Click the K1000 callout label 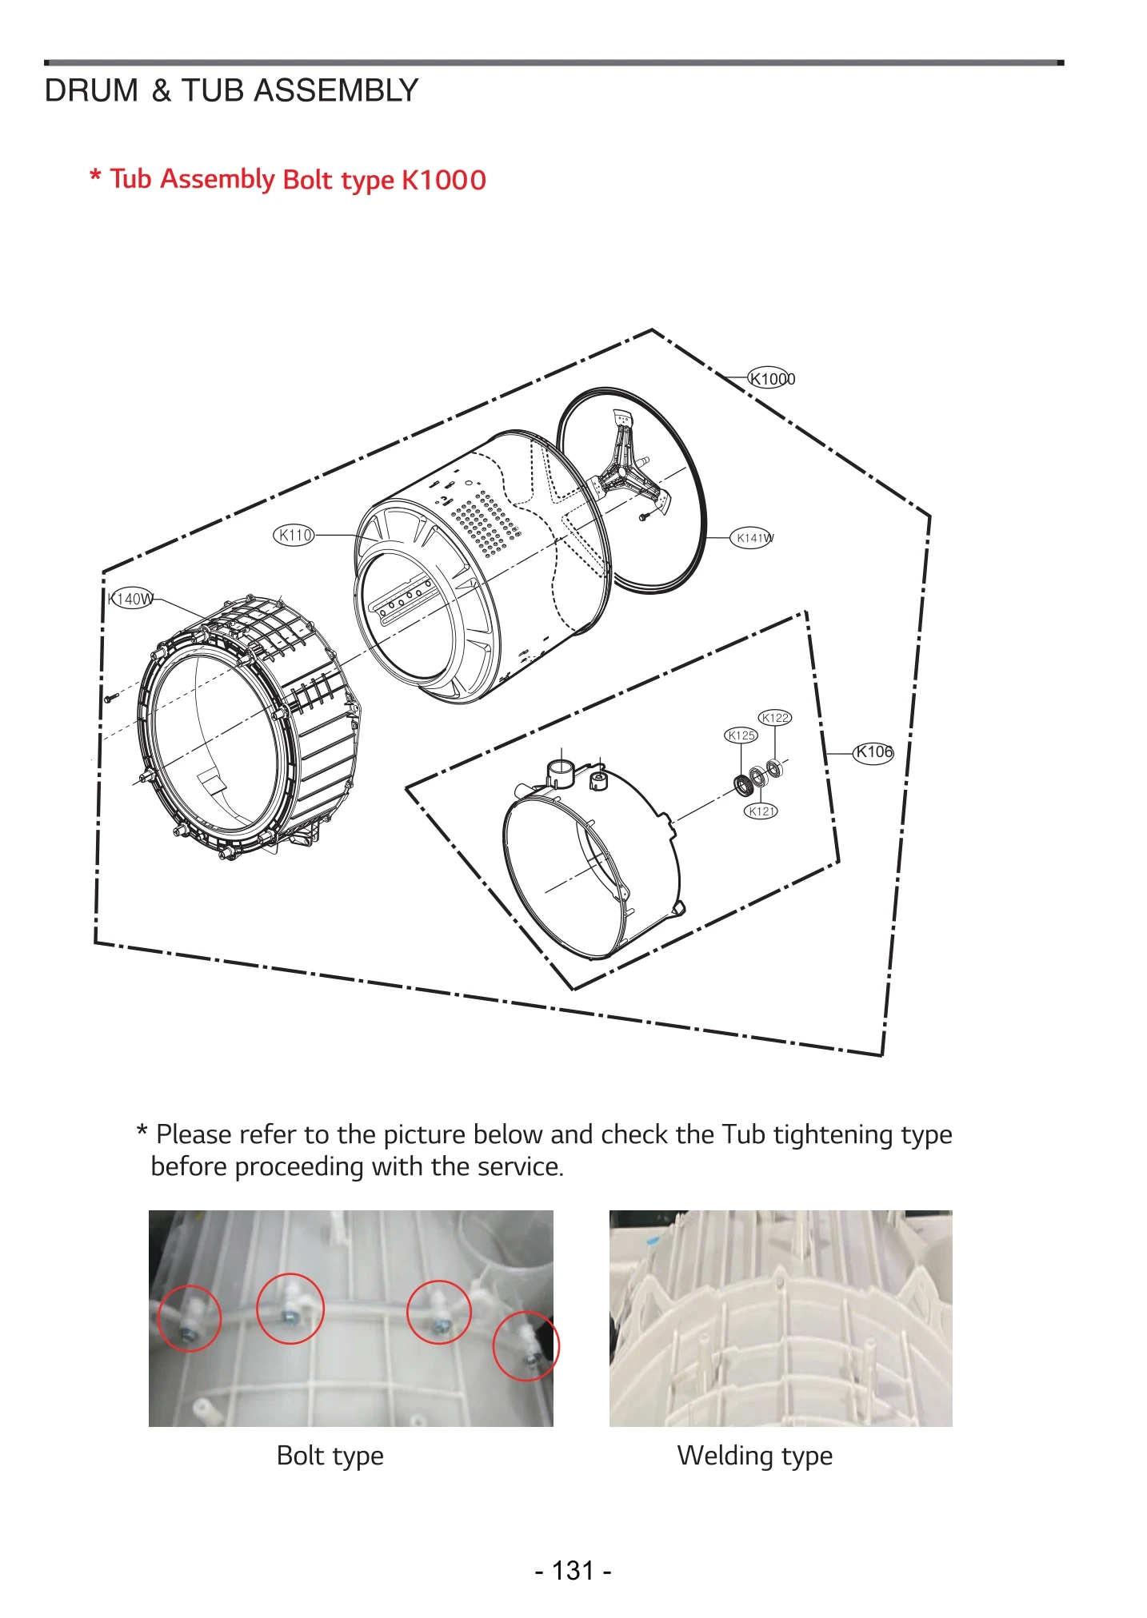click(x=771, y=378)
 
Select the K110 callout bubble click(x=294, y=535)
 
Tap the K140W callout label click(x=130, y=598)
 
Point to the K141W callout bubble click(x=753, y=538)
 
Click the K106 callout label click(x=873, y=752)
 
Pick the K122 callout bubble click(x=774, y=718)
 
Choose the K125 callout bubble click(x=741, y=735)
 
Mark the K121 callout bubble click(x=761, y=811)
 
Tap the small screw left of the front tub click(x=111, y=698)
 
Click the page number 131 click(x=573, y=1571)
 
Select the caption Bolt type click(x=330, y=1455)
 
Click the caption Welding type click(x=754, y=1455)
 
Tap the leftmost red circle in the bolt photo click(x=189, y=1318)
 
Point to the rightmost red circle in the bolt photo click(x=526, y=1345)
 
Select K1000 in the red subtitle click(x=443, y=180)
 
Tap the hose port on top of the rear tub click(x=561, y=773)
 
